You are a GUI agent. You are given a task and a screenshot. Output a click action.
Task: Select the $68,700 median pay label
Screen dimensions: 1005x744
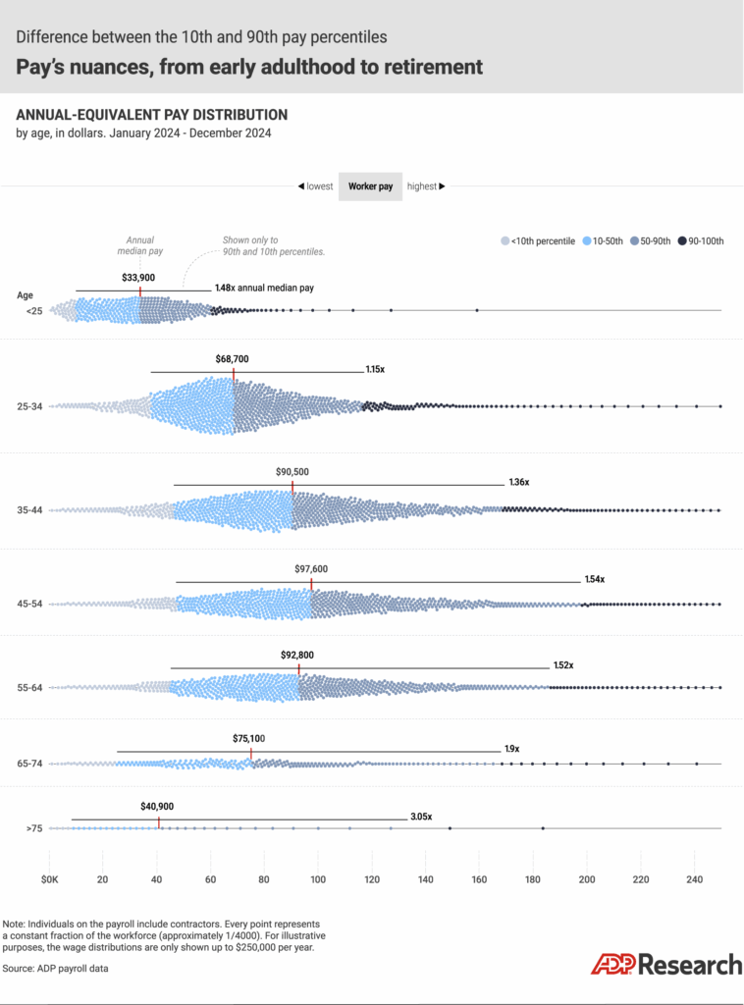click(x=233, y=359)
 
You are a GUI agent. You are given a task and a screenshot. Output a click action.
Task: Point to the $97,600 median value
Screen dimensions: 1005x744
click(x=311, y=568)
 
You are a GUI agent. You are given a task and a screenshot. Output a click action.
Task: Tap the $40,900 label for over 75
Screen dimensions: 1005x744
click(x=157, y=806)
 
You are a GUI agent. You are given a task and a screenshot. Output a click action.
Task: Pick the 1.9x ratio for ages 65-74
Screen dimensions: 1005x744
click(x=511, y=749)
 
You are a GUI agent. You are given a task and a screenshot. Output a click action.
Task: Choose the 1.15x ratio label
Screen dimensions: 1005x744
click(x=375, y=370)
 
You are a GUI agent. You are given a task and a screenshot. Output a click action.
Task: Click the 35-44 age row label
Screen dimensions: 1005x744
click(x=31, y=510)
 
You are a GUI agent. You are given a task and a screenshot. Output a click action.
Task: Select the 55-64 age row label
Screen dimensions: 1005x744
click(x=31, y=687)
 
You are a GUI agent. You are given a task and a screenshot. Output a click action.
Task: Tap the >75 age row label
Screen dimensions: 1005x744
click(x=34, y=829)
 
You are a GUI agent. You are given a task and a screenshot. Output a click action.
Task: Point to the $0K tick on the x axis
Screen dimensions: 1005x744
click(x=51, y=878)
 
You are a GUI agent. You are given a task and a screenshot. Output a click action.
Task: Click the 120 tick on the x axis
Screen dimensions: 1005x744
click(x=371, y=878)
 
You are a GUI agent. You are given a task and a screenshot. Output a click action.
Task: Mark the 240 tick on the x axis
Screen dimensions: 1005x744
click(x=694, y=878)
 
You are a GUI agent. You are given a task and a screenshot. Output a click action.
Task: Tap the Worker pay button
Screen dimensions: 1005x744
click(x=370, y=185)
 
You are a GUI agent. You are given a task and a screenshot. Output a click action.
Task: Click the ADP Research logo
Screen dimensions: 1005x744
click(x=666, y=964)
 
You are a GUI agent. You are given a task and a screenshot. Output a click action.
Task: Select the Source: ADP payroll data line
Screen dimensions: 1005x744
click(x=55, y=969)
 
